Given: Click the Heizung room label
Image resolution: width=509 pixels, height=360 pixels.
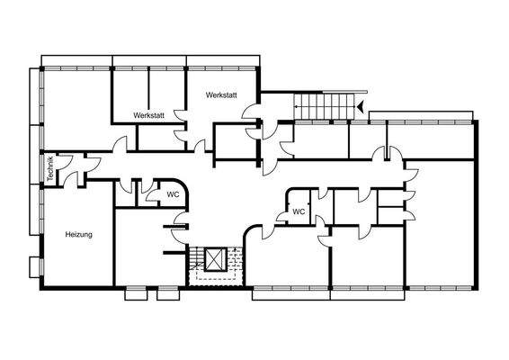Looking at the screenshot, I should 79,235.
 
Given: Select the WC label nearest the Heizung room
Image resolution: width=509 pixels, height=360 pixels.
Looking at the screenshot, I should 172,193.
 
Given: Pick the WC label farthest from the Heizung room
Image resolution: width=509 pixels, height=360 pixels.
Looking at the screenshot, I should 299,212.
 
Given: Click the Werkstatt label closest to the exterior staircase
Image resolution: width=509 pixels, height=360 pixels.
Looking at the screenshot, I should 220,94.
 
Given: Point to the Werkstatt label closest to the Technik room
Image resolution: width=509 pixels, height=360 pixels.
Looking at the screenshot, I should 148,115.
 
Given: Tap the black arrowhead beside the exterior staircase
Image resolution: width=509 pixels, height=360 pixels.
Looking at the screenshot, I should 359,107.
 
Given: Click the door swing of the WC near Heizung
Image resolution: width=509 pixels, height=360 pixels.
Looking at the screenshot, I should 179,220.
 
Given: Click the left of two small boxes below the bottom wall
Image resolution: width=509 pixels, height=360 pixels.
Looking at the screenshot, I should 135,292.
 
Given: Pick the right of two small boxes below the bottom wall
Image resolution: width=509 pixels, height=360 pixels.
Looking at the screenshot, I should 168,292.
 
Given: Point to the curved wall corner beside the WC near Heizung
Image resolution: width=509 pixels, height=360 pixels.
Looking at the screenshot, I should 180,180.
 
